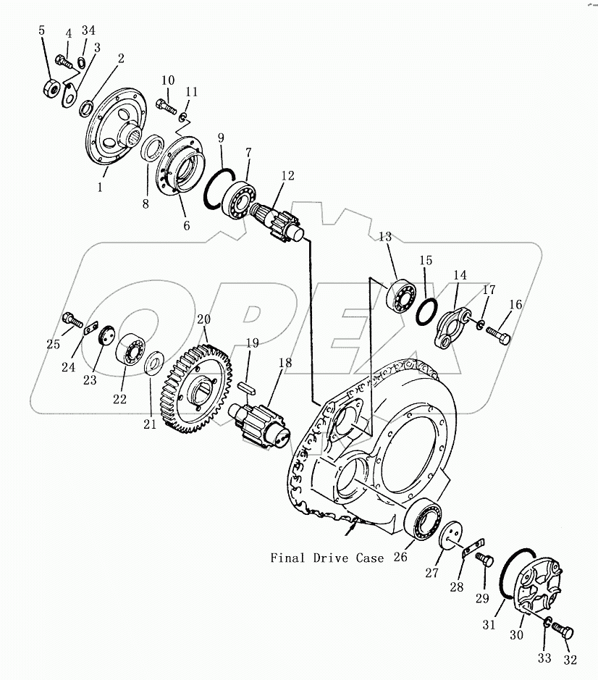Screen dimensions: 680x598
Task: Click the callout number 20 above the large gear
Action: [x=203, y=319]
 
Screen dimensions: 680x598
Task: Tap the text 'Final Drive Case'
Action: [x=327, y=558]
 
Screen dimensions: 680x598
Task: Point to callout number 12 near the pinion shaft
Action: [x=289, y=175]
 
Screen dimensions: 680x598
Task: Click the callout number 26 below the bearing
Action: [x=400, y=557]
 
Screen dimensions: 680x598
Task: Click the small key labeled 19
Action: [x=245, y=386]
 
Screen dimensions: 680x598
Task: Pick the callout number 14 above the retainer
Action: [x=460, y=275]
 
